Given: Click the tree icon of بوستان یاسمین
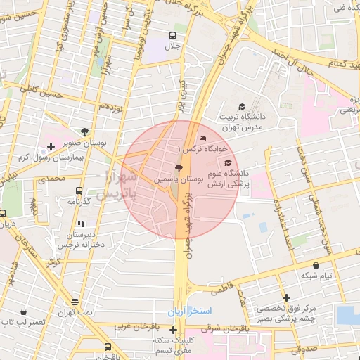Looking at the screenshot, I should pyautogui.click(x=177, y=167).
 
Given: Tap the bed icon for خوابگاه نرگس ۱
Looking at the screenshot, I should pyautogui.click(x=203, y=137).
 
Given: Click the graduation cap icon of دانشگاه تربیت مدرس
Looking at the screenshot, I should pyautogui.click(x=242, y=107).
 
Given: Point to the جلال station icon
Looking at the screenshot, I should pyautogui.click(x=173, y=35).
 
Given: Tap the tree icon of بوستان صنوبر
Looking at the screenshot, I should pyautogui.click(x=85, y=131).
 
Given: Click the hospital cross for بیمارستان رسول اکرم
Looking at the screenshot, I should pyautogui.click(x=50, y=147).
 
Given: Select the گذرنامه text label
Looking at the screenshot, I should pyautogui.click(x=77, y=202).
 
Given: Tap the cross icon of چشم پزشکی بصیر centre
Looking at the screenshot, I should pyautogui.click(x=285, y=297).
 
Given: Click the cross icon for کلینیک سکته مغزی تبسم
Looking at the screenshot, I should pyautogui.click(x=173, y=329).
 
